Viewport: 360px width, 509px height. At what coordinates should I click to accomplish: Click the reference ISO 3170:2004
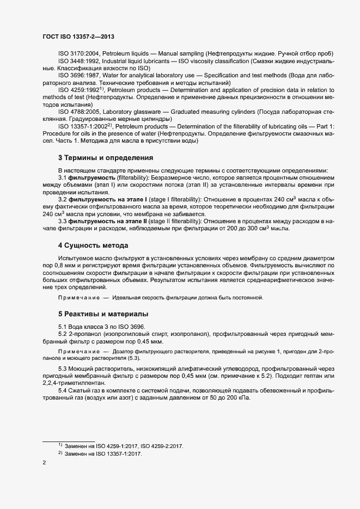pos(79,54)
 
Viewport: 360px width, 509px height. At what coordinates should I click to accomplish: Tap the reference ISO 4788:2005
pos(79,112)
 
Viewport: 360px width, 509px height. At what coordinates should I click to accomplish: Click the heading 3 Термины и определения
pos(106,158)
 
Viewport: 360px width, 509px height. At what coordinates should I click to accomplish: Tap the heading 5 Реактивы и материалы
pos(103,314)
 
